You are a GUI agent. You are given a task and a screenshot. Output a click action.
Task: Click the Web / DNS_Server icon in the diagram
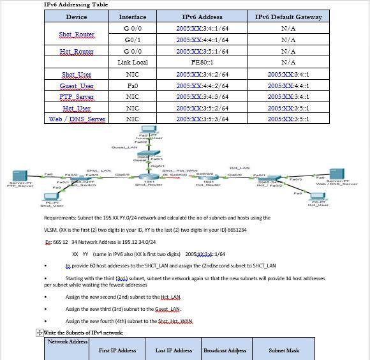tap(336, 173)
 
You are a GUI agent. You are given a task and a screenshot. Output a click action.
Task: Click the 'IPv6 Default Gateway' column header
tap(288, 17)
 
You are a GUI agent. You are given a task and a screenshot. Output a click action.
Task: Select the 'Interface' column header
tap(133, 17)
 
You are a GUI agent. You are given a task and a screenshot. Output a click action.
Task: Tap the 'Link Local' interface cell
tap(133, 63)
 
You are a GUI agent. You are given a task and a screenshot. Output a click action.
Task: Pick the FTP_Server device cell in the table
tap(77, 97)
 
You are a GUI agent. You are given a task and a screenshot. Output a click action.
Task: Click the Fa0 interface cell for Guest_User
tap(133, 86)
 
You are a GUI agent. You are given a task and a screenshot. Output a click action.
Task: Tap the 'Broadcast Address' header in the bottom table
tap(225, 350)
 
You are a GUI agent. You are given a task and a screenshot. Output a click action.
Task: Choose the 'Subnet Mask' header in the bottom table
tap(284, 350)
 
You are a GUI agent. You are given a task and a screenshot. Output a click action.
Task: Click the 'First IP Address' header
tap(117, 350)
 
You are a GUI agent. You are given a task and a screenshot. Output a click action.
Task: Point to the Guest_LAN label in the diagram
tap(124, 147)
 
